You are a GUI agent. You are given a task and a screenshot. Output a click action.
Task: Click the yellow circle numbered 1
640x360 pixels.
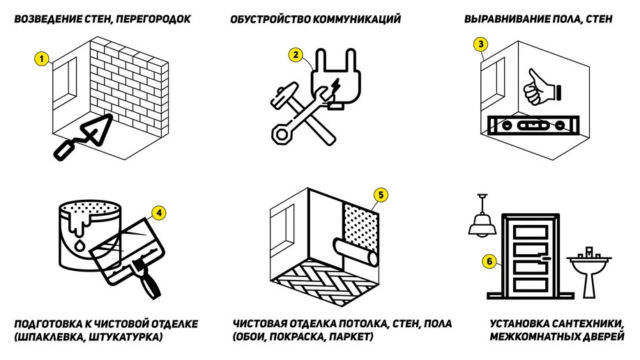[41, 59]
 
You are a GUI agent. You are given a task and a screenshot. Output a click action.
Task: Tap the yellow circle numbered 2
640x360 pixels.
[296, 55]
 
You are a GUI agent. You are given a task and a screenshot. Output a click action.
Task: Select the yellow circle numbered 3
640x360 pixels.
[481, 44]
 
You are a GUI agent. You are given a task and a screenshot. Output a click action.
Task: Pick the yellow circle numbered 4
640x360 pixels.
[159, 213]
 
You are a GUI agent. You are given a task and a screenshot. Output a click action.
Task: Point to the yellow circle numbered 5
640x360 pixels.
[381, 195]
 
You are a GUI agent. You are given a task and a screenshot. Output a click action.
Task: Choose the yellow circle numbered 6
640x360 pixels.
[490, 261]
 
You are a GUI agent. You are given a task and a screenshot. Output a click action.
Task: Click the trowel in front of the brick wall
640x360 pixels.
[84, 137]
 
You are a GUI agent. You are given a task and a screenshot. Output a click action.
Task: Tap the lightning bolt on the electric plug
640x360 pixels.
[336, 86]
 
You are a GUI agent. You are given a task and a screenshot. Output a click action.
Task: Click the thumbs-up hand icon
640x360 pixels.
[541, 88]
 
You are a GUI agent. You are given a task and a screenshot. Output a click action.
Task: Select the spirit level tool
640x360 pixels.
[533, 125]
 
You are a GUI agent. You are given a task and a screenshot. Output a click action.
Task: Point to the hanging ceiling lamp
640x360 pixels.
[482, 216]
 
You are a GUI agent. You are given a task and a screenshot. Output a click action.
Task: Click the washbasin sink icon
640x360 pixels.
[589, 272]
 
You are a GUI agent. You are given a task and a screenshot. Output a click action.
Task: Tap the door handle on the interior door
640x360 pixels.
[544, 258]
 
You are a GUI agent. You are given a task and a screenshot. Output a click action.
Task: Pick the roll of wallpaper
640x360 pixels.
[356, 252]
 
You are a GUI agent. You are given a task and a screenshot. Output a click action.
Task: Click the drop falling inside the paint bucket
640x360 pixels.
[80, 246]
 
